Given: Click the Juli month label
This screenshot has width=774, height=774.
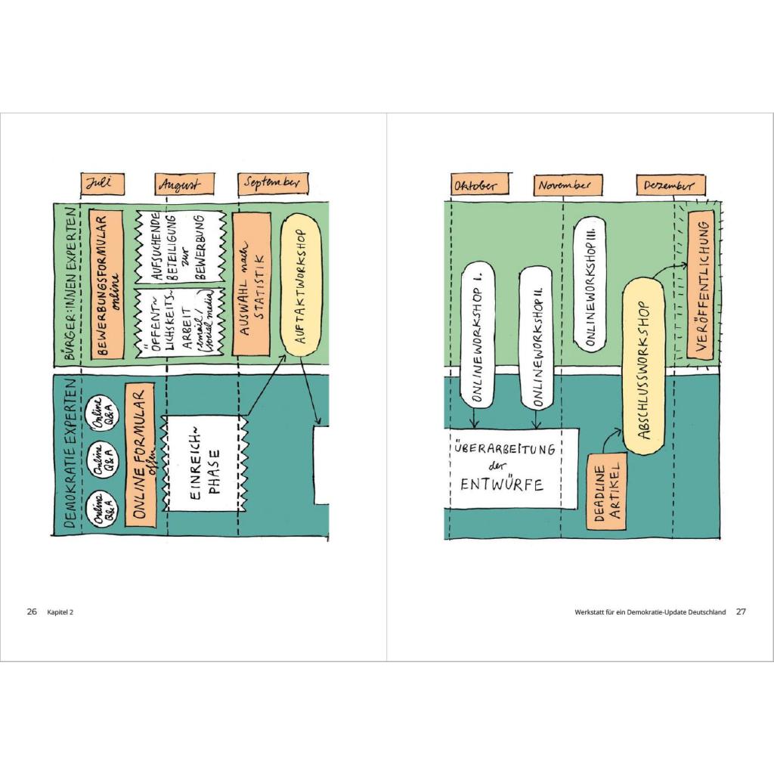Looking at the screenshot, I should tap(102, 184).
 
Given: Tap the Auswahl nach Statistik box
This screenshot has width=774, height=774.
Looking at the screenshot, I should tap(252, 283).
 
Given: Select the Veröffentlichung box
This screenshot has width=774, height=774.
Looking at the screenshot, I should tap(699, 285).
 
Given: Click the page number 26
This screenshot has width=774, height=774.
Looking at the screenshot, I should tap(32, 612).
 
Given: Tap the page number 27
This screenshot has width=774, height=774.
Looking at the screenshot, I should tap(741, 612).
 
